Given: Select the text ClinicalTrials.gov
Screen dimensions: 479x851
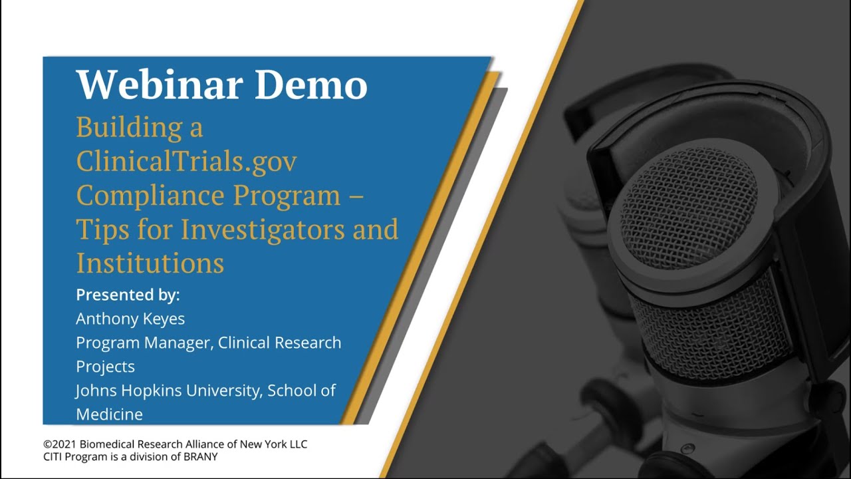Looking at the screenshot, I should coord(186,161).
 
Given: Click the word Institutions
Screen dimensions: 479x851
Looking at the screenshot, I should coord(150,263).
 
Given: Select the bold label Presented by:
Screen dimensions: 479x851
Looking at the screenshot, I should coord(128,295).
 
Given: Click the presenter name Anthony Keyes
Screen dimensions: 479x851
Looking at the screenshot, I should coord(130,319).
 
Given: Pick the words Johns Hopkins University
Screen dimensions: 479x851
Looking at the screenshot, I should coord(169,391).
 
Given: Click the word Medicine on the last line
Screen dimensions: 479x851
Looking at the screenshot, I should coord(109,414).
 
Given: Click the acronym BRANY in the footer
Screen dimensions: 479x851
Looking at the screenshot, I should coord(201,457).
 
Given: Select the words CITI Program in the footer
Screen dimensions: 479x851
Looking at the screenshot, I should coord(70,457).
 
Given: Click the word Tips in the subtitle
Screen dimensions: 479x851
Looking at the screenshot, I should coord(100,230).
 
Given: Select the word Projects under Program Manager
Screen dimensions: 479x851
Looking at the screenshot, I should coord(105,367).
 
